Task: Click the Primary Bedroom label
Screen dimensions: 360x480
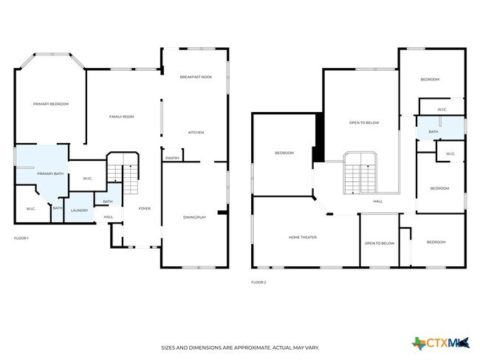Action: click(51, 104)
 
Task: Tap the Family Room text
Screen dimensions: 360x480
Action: click(121, 117)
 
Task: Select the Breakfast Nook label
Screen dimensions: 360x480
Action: click(196, 77)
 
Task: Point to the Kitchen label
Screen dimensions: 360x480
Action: click(196, 132)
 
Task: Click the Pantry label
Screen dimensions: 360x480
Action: click(172, 158)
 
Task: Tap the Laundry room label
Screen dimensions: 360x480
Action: click(80, 210)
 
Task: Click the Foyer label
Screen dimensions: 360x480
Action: click(145, 209)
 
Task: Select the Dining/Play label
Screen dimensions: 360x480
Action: click(196, 216)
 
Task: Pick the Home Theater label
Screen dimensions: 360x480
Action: click(303, 237)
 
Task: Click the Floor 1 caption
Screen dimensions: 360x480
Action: click(21, 238)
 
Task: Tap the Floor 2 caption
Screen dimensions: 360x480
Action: click(258, 282)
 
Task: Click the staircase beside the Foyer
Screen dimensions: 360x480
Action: click(123, 174)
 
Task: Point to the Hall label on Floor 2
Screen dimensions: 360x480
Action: click(377, 201)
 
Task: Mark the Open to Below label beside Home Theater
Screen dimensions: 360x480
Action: click(379, 243)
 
